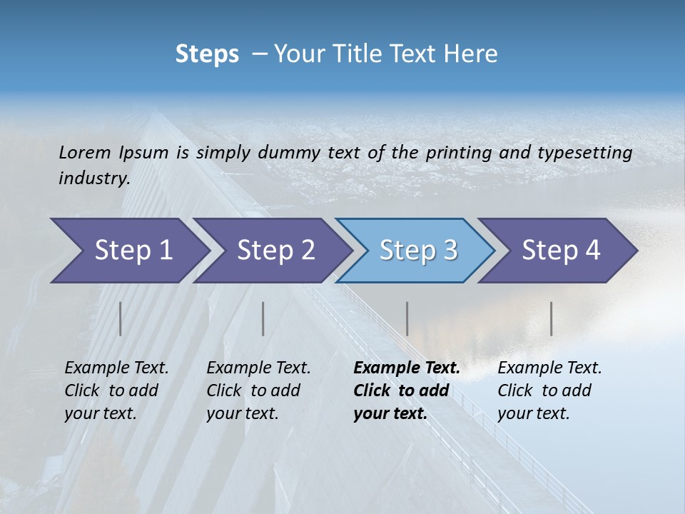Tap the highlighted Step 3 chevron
(x=418, y=251)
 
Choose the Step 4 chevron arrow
(x=561, y=251)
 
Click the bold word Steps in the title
(x=207, y=54)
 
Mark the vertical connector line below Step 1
(x=121, y=318)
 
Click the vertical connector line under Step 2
(x=263, y=318)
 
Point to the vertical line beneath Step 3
(x=407, y=318)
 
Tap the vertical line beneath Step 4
(x=552, y=318)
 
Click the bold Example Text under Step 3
(x=407, y=368)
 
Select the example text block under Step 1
(x=116, y=390)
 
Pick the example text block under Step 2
(x=258, y=390)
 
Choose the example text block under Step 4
(x=549, y=390)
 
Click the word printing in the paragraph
(x=454, y=152)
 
